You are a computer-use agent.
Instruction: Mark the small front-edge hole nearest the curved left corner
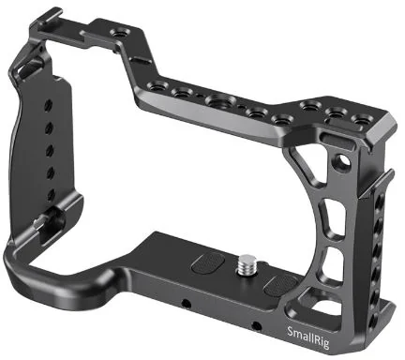point(187,306)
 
